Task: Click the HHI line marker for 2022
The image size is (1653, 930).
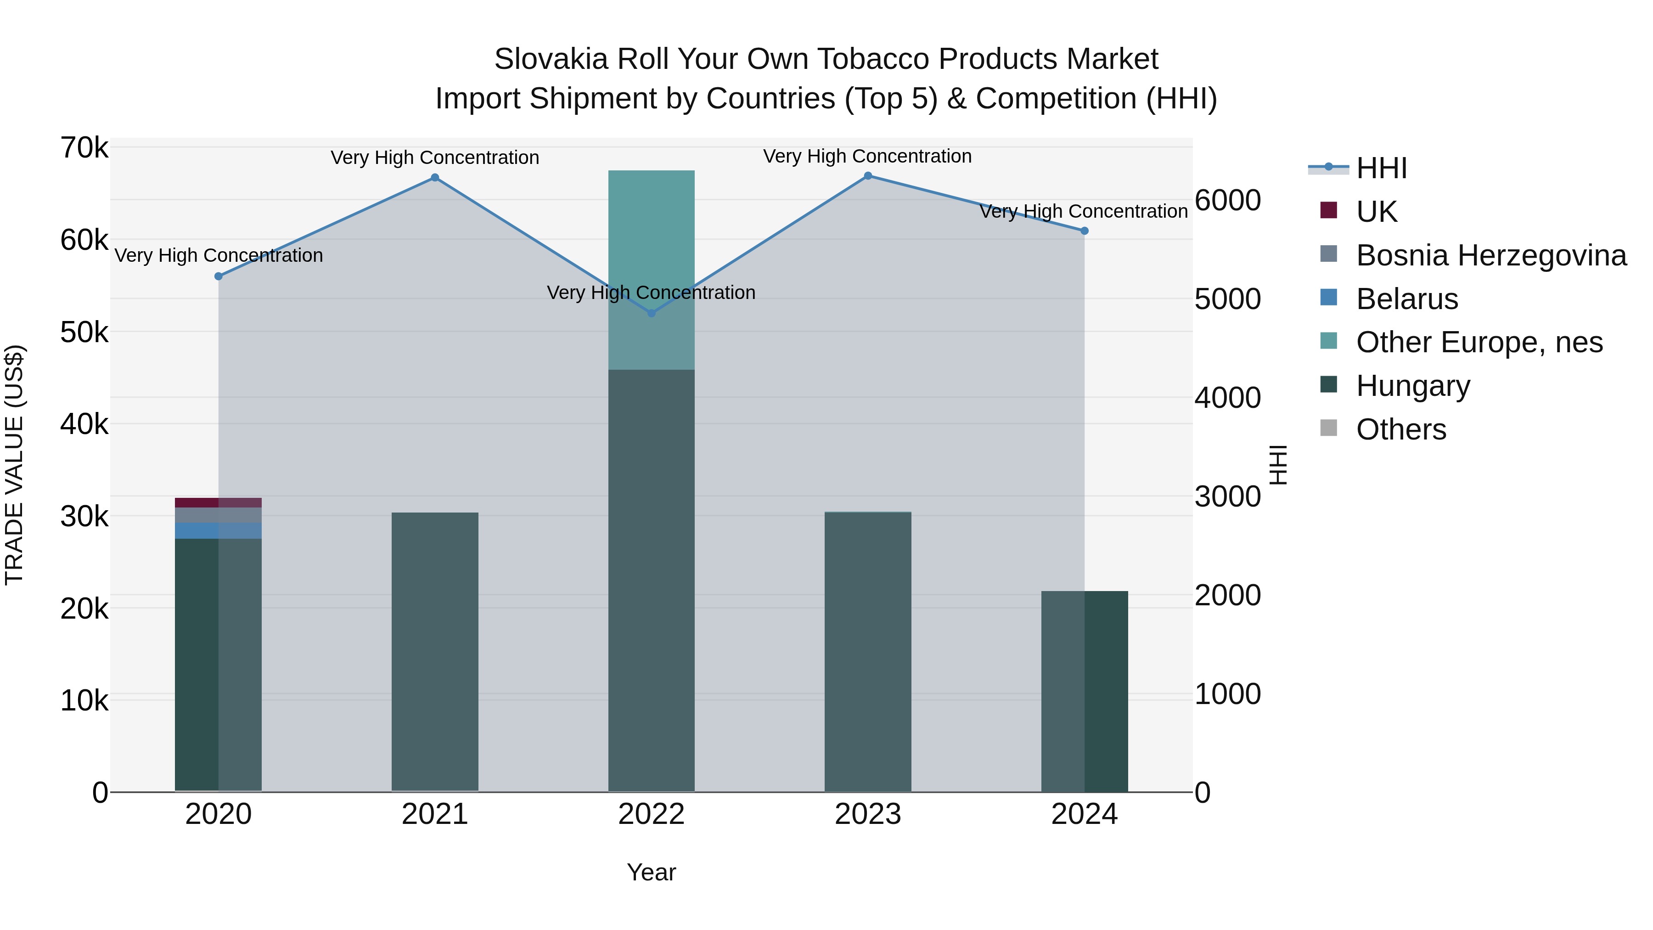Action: coord(651,313)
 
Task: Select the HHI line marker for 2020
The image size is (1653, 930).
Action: coord(218,276)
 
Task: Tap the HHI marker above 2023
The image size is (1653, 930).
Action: coord(867,176)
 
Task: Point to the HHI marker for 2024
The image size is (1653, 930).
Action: coord(1085,231)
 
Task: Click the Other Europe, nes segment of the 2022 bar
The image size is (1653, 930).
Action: coord(651,270)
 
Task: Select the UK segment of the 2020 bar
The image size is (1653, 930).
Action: coord(218,502)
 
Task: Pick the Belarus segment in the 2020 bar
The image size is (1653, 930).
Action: coord(218,530)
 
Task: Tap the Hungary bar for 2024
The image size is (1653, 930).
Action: coord(1085,691)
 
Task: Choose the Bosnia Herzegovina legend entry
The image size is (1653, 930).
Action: coord(1490,255)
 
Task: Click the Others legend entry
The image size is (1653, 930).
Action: coord(1401,429)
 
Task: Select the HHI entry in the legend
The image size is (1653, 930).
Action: coord(1381,168)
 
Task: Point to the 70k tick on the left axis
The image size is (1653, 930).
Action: coord(84,148)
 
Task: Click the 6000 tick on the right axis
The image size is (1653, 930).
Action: coord(1227,200)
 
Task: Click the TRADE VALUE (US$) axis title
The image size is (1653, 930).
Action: coord(14,465)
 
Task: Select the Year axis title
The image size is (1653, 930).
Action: coord(651,872)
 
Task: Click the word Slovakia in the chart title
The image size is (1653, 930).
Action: coord(551,59)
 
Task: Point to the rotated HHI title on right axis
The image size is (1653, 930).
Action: coord(1278,465)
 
